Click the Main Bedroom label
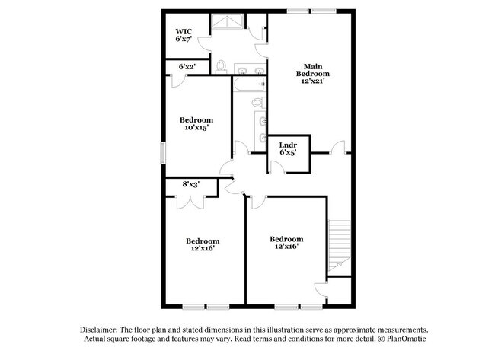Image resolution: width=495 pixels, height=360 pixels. [x=312, y=70]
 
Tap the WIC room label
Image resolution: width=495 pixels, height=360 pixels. [x=184, y=31]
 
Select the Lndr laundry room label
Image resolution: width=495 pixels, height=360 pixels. [x=288, y=145]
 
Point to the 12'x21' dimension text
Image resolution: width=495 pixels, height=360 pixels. [x=312, y=81]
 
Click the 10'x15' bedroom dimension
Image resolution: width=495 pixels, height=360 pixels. [x=196, y=127]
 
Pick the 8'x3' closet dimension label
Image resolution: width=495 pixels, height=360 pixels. [x=190, y=184]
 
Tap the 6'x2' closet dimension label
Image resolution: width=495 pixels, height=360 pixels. [x=187, y=66]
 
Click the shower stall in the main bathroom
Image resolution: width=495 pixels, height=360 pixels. [x=227, y=21]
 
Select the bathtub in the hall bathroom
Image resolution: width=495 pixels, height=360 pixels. [x=249, y=84]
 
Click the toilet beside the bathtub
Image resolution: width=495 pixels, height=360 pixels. [x=259, y=102]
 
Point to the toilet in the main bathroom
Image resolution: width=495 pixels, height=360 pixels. [x=221, y=67]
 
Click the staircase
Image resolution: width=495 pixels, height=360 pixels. [x=340, y=246]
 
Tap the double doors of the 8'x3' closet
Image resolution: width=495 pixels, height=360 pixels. [x=190, y=202]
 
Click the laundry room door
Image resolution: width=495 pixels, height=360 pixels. [x=277, y=167]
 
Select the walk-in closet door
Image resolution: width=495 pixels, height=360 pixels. [x=204, y=43]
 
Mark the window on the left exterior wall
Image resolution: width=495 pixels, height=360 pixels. [x=163, y=153]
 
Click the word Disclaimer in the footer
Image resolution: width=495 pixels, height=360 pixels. [x=98, y=330]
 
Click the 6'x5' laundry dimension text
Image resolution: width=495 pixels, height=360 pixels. [x=288, y=152]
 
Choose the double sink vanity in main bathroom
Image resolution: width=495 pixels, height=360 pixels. [x=249, y=68]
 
